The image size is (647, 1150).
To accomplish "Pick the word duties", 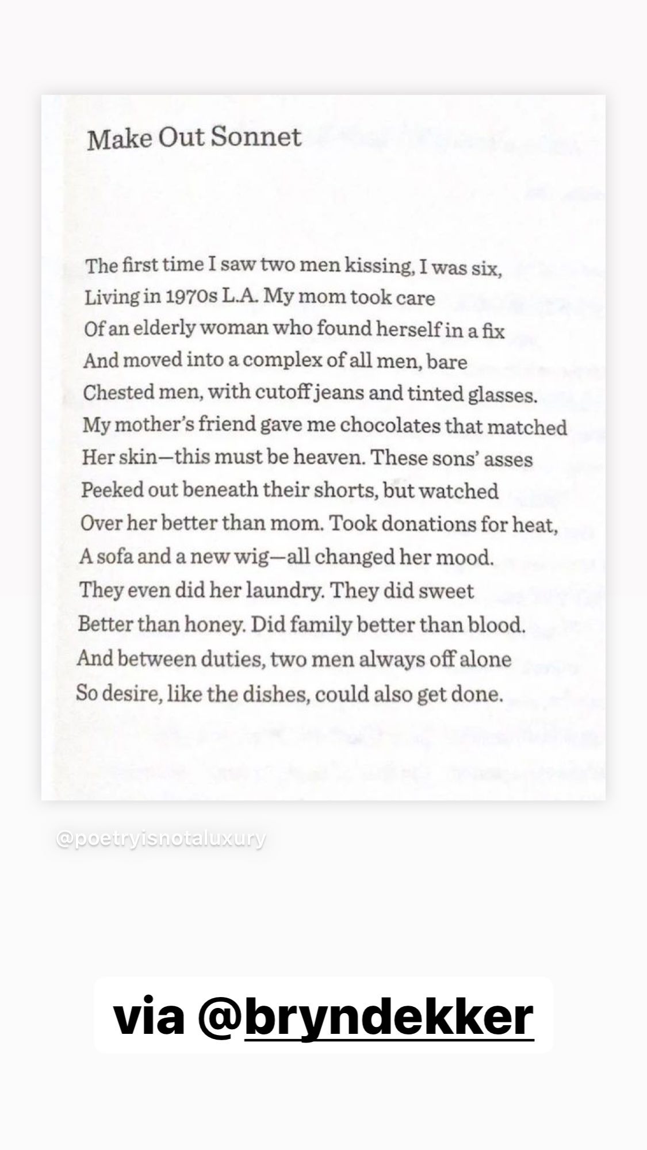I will (x=232, y=658).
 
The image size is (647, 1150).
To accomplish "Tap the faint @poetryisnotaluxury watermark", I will (x=161, y=838).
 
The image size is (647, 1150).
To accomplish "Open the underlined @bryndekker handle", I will (x=389, y=1017).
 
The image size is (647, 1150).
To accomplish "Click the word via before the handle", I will (x=148, y=1017).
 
